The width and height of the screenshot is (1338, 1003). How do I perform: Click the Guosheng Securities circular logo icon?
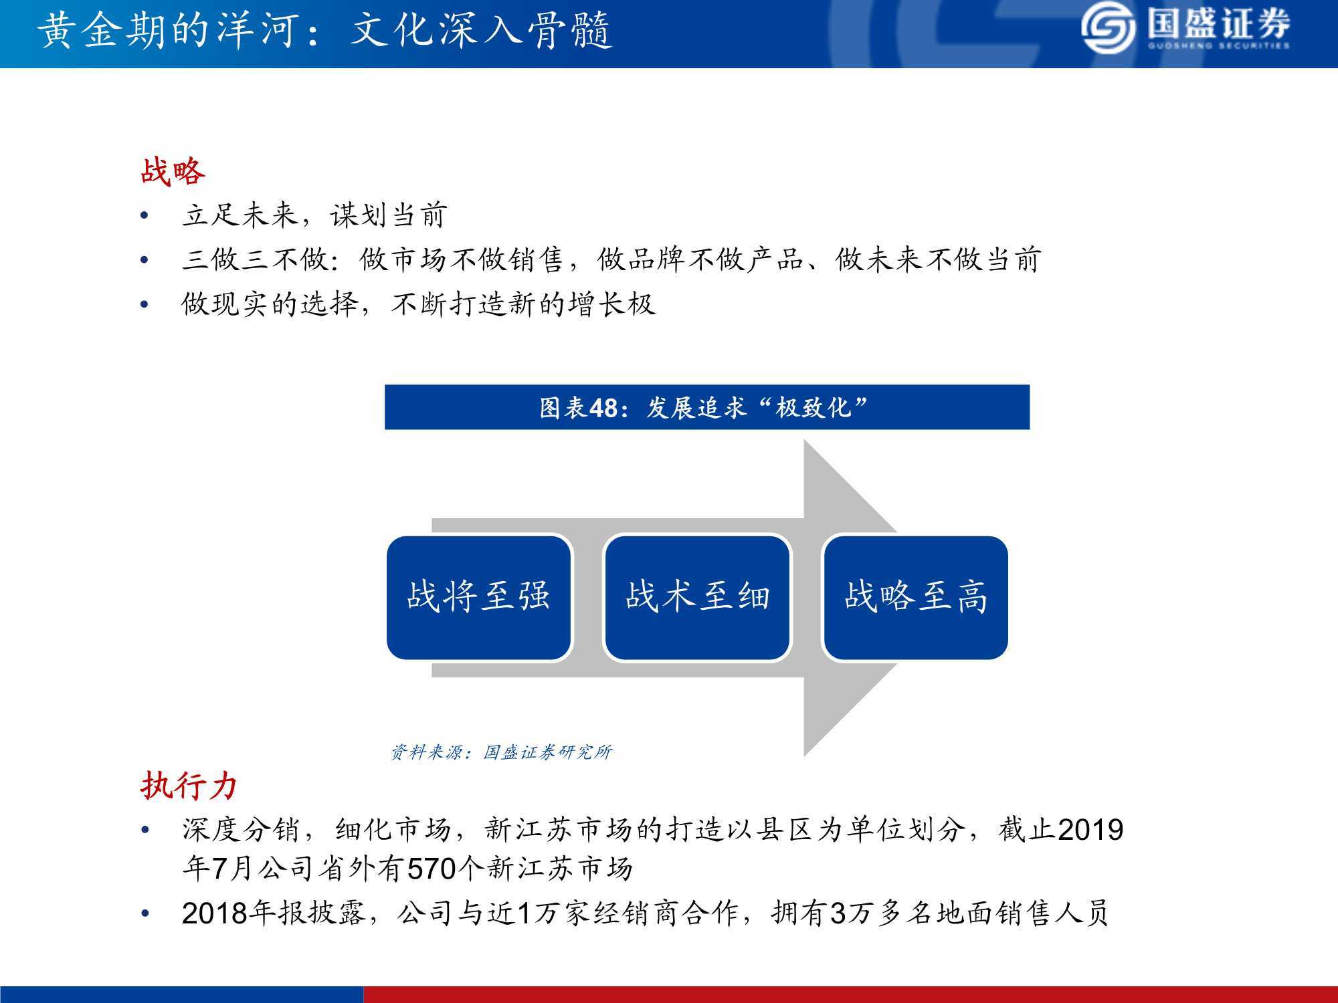click(x=1108, y=29)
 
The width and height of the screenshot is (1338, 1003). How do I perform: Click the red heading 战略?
click(x=173, y=171)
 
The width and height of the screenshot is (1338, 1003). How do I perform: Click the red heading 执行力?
click(x=189, y=785)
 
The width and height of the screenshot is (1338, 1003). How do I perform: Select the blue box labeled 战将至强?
click(x=479, y=597)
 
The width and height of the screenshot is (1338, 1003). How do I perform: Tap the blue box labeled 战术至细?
click(x=697, y=597)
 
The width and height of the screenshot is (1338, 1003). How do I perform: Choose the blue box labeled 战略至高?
click(x=915, y=597)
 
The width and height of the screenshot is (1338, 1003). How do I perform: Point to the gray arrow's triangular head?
click(x=850, y=598)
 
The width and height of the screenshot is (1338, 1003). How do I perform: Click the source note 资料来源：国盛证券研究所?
click(x=501, y=752)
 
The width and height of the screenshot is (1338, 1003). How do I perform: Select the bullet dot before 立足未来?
click(x=145, y=215)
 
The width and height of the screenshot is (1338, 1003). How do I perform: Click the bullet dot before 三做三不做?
click(x=145, y=259)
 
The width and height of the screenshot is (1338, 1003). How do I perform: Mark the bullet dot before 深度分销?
click(x=145, y=830)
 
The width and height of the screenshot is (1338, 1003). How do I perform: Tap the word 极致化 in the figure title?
click(x=813, y=407)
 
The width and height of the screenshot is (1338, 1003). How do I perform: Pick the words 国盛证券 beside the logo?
click(x=1218, y=25)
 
